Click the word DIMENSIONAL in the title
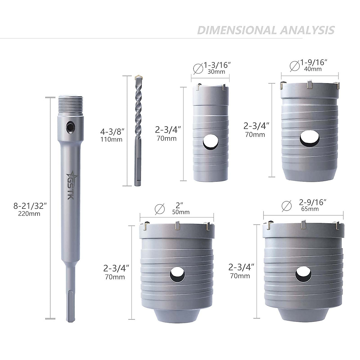coord(236,30)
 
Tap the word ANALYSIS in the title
coord(307,30)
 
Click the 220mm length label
coord(29,214)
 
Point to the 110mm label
coord(111,139)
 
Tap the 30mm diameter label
coord(216,72)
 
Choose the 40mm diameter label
coord(313,69)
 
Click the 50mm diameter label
coord(181,212)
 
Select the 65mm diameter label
coord(310,209)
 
